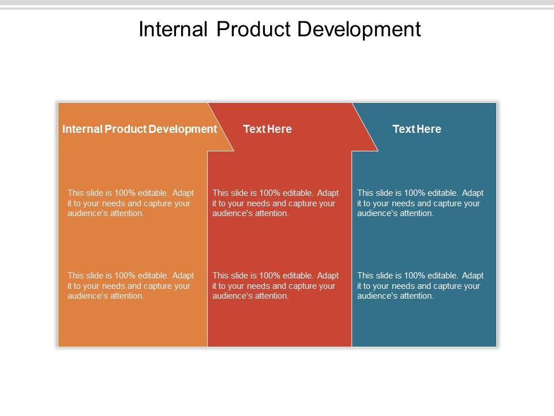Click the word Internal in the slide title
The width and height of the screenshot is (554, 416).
point(173,29)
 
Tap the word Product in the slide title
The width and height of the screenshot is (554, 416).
point(253,29)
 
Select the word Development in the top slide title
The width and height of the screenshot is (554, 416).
point(359,29)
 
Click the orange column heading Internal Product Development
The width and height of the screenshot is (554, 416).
point(140,129)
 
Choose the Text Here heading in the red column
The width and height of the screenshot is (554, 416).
point(267,129)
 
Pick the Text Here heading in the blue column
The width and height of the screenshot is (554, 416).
point(417,129)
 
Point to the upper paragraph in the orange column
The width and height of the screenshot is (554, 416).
point(131,203)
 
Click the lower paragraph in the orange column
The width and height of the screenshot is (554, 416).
point(131,285)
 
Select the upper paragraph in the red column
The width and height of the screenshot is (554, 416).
point(276,203)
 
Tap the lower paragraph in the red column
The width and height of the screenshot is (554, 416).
point(276,285)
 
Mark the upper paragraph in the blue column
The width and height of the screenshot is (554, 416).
point(421,203)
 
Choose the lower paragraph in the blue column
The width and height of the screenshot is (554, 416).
point(421,285)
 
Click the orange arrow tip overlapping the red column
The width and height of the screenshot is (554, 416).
point(234,151)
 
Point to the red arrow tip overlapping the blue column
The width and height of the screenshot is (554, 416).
point(377,151)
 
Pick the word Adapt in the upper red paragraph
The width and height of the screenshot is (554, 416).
point(328,194)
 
